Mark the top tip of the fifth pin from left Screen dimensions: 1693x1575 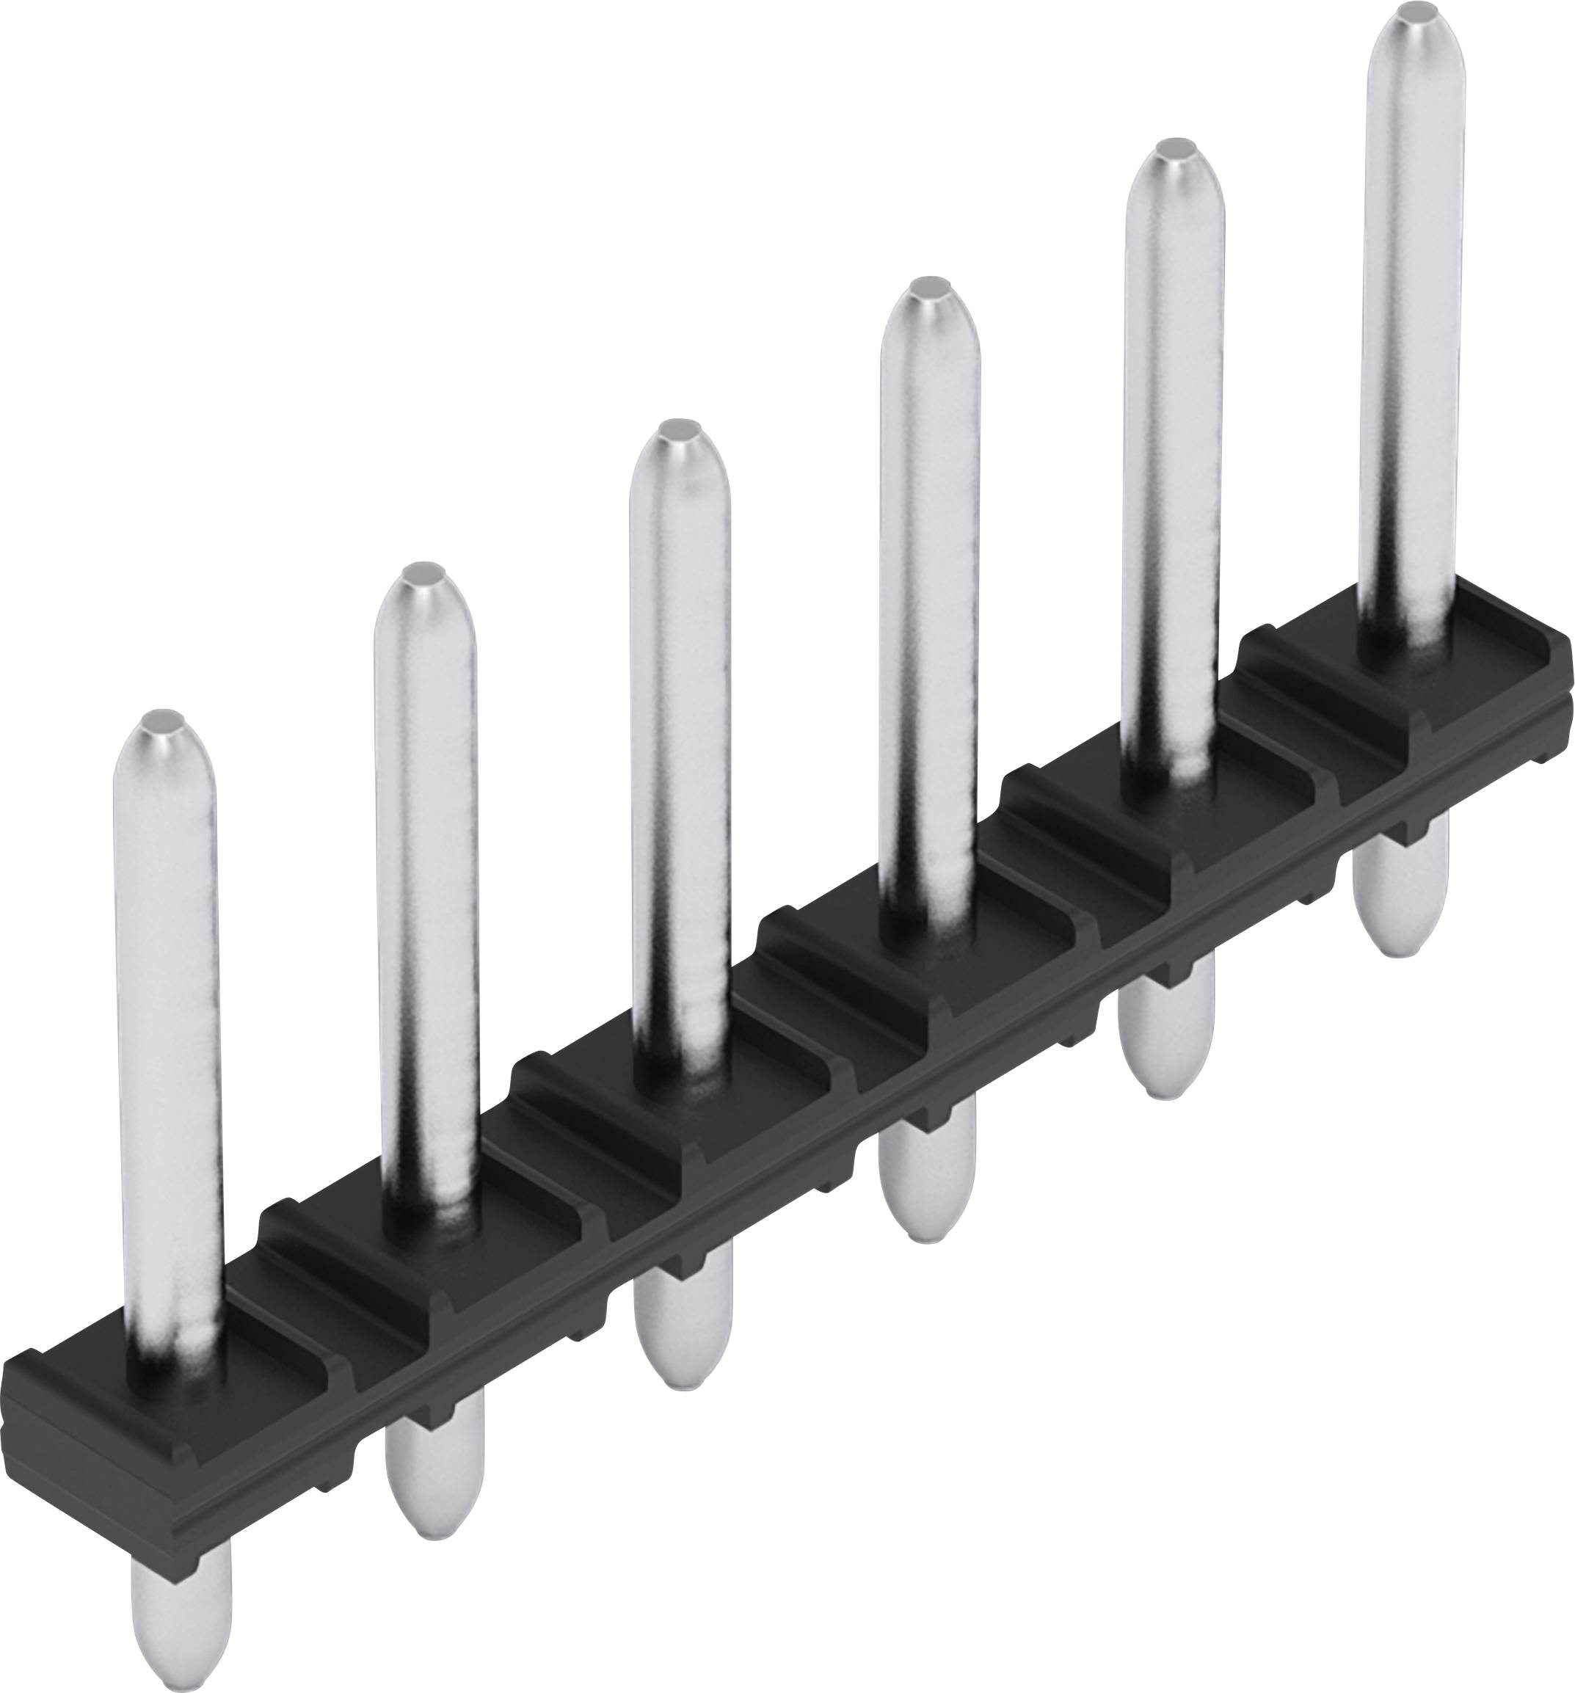pyautogui.click(x=1176, y=150)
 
